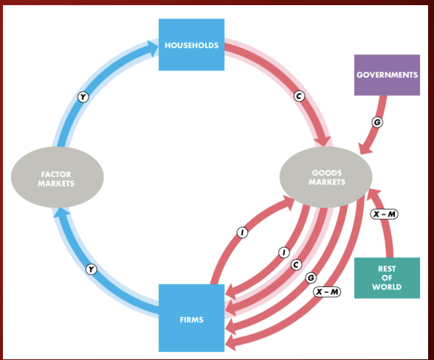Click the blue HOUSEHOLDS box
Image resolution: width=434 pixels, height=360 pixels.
point(192,44)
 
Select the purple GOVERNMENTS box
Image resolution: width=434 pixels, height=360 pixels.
point(387,75)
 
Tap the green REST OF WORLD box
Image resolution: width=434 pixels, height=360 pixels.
point(387,278)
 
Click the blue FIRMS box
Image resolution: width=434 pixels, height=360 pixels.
point(192,318)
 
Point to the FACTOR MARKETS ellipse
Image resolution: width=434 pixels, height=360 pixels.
point(58,177)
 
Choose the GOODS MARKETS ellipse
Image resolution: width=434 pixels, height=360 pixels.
point(325,177)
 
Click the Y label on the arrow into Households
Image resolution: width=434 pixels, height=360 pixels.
point(83,97)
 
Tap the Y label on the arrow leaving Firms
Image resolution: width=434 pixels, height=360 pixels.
point(91,269)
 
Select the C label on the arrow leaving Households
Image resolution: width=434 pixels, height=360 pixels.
point(299,96)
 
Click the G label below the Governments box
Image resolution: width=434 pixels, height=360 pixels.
point(377,122)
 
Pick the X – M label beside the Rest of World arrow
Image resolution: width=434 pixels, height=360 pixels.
point(384,214)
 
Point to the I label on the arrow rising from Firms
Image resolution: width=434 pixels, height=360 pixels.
point(242,232)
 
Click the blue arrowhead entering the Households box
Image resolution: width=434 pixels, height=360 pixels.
point(153,48)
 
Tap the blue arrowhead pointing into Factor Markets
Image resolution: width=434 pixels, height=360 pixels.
point(61,212)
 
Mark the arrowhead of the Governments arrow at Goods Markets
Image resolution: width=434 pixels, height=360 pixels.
point(365,150)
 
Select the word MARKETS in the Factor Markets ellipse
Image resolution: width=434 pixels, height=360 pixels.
point(56,184)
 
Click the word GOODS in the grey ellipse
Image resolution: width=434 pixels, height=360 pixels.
point(327,173)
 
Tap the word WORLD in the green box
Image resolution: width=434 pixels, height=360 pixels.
point(387,287)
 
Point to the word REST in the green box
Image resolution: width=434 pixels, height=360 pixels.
point(387,269)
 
